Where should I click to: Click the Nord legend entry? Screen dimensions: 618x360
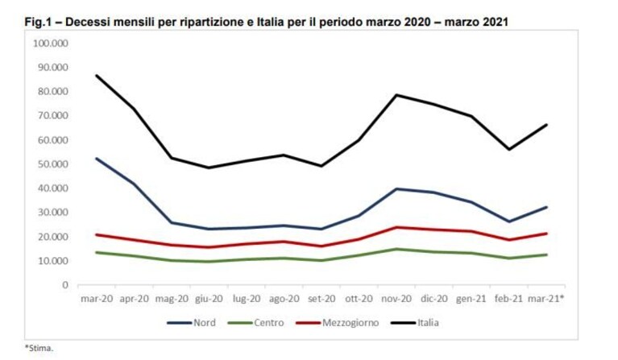click(192, 323)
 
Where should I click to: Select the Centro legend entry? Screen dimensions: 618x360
click(256, 323)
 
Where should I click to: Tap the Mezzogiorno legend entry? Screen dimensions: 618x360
click(338, 323)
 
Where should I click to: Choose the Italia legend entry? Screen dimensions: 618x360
click(415, 323)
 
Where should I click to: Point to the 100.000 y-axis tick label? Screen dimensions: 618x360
click(51, 43)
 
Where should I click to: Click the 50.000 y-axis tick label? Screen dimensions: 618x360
click(52, 164)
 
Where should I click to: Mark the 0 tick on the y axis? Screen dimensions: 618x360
click(65, 285)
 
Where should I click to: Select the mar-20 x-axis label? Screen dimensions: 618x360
click(97, 299)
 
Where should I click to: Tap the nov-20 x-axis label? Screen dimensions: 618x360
click(396, 299)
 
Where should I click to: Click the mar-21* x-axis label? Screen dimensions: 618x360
click(545, 299)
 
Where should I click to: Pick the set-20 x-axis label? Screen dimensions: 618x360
click(321, 299)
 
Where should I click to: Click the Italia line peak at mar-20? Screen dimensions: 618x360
click(97, 75)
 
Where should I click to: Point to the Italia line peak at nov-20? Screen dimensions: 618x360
click(396, 95)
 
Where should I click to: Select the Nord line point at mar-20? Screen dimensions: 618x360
click(97, 159)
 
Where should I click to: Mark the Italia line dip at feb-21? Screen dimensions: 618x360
click(509, 149)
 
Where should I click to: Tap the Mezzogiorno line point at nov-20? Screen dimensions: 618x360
click(396, 227)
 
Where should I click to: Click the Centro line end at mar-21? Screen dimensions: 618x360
click(546, 254)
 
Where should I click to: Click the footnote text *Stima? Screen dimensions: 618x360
click(39, 348)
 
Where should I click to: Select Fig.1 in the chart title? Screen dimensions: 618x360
click(38, 22)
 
